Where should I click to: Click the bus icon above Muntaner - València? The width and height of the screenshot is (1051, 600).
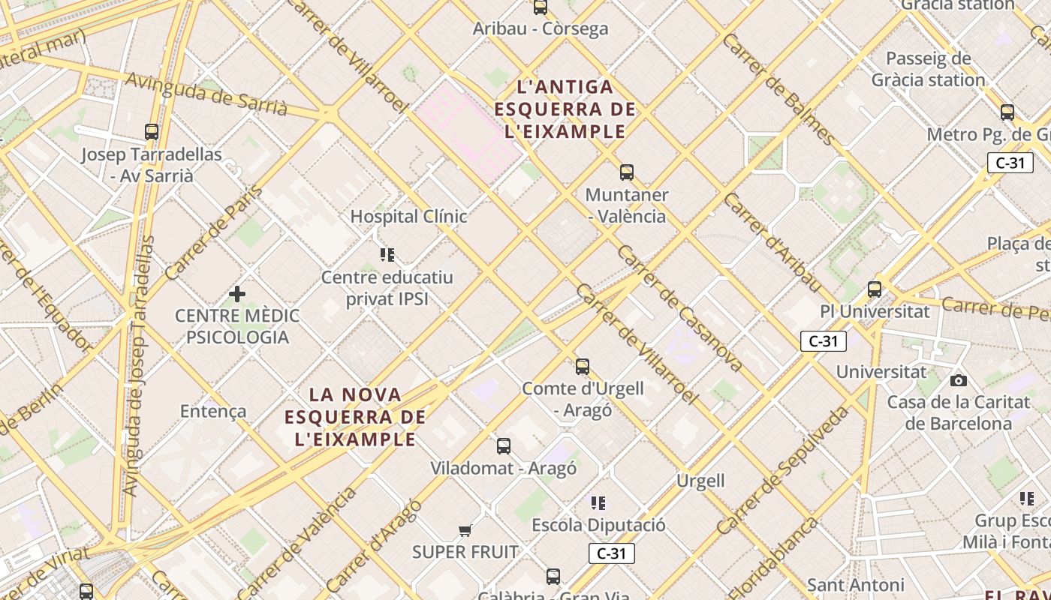coord(627,172)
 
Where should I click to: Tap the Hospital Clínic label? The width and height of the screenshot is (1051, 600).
coord(409,217)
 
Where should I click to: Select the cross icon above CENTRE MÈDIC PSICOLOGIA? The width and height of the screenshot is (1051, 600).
coord(237,293)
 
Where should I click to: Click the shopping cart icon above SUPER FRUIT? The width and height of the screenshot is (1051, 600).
coord(465,530)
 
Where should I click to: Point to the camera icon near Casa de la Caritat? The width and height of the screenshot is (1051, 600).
coord(959,380)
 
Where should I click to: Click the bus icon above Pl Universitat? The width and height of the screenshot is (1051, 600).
coord(874,289)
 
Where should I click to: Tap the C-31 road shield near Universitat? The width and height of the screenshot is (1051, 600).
coord(823,341)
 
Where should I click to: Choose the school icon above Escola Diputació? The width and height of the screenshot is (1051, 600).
coord(598,502)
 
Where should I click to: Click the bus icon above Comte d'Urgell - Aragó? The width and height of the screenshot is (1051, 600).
coord(583,367)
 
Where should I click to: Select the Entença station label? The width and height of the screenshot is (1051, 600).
coord(213,411)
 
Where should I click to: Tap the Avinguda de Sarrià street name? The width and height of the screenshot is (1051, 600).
coord(206,94)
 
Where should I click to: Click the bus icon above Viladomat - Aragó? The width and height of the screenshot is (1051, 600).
coord(504,446)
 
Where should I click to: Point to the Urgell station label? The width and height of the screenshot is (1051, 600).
coord(700,481)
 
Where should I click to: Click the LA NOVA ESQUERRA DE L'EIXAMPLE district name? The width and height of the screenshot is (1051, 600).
coord(356,416)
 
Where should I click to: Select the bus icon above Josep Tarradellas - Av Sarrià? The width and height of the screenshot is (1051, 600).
coord(152,132)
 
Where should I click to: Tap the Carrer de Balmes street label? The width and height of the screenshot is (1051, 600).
coord(778,88)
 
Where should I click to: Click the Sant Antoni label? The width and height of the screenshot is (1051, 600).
coord(855,584)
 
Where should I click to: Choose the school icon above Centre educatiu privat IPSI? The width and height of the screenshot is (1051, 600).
coord(387,255)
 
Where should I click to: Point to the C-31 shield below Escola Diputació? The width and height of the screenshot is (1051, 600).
coord(611,553)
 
